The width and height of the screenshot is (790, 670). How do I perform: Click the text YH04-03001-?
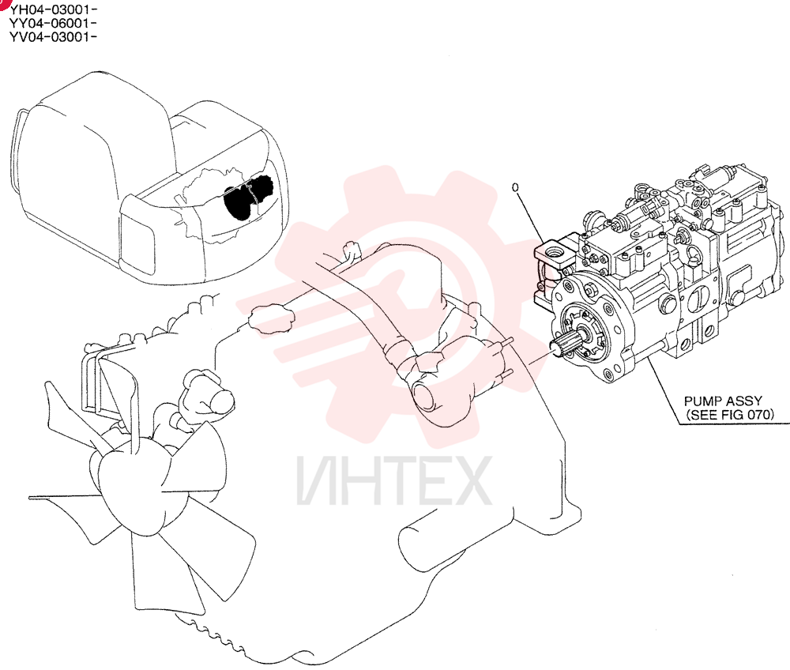53,9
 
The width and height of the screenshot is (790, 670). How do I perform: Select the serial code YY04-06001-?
53,23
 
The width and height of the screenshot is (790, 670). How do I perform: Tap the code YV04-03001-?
53,37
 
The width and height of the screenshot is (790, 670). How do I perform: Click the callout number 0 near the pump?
515,187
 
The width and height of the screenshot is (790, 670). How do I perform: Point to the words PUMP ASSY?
723,401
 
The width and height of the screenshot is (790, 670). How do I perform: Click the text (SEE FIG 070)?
729,415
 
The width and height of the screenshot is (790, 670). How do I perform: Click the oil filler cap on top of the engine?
271,318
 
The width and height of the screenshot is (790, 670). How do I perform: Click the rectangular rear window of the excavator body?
137,243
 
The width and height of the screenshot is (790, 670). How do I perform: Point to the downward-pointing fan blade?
156,569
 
